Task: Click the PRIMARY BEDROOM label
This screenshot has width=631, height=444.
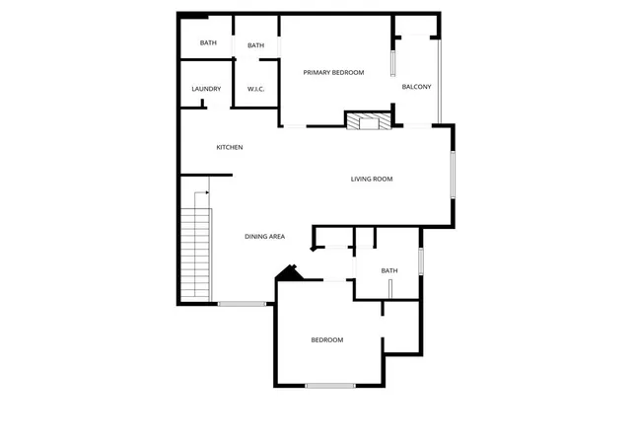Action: coord(333,73)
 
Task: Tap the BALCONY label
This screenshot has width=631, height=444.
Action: coord(416,87)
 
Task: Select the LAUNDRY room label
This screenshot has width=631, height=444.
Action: coord(206,89)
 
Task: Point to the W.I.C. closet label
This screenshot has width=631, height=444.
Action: coord(255,89)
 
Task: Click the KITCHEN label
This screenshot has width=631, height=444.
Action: coord(230,147)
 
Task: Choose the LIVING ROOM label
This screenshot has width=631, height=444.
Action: coord(372,179)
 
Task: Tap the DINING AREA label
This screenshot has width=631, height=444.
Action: coord(264,237)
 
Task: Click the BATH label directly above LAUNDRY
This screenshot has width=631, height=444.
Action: coord(208,42)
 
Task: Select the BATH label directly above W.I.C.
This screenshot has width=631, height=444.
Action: coord(255,45)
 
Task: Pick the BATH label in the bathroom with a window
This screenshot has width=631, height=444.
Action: coord(389,270)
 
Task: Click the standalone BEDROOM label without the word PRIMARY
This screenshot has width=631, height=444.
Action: coord(327,340)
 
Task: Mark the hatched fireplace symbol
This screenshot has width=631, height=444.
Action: coord(369,121)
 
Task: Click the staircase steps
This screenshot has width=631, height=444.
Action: coord(195,255)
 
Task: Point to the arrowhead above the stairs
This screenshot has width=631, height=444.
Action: coord(207,192)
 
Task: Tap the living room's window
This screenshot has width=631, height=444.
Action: coord(453,175)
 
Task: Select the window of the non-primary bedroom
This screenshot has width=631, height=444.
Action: coord(330,386)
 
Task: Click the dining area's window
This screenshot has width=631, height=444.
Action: coord(242,303)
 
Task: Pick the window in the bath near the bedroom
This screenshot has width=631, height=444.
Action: coord(421,261)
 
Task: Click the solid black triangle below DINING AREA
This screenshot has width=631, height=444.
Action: coord(289,273)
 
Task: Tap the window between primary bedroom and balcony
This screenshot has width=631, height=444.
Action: coord(392,63)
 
